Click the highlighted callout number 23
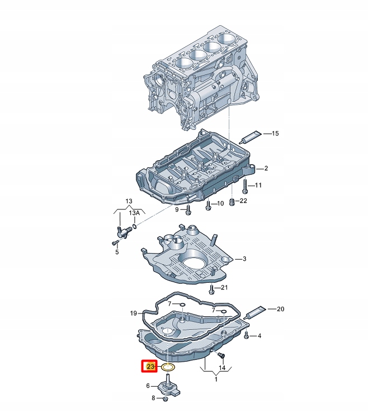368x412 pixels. point(149,367)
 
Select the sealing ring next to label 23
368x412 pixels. point(167,368)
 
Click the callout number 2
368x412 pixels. point(266,168)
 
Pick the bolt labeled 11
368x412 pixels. point(245,185)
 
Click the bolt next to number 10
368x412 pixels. point(208,204)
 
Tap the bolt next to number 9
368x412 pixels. point(188,209)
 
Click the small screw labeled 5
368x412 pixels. point(115,242)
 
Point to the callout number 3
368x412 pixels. point(244,259)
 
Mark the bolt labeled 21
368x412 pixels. point(211,289)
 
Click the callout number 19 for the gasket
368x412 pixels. point(133,313)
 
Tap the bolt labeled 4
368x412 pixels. point(246,335)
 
